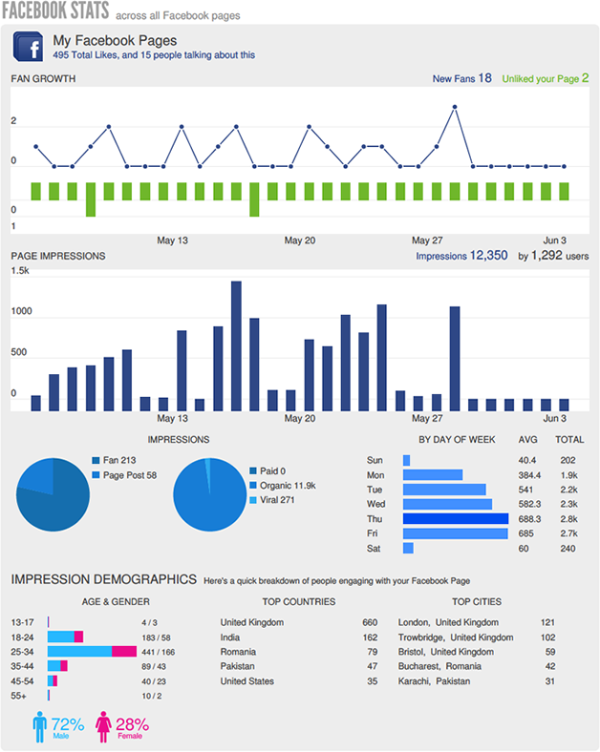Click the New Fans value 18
pos(484,78)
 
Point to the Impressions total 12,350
pos(487,256)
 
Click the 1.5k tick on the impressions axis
pos(20,272)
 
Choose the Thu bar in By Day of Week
pos(455,518)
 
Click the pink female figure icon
pos(103,726)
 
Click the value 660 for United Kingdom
pos(370,621)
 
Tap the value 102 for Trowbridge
pos(547,637)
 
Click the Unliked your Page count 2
pos(585,78)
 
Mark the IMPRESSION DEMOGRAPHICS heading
pos(103,579)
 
